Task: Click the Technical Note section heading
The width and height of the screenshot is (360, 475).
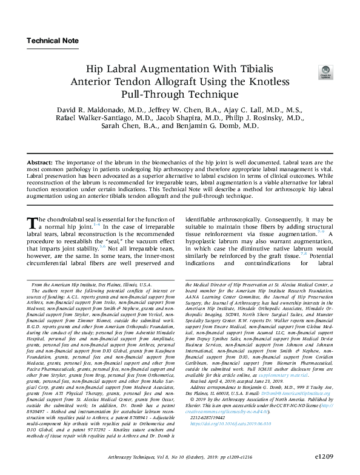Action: click(x=53, y=41)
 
